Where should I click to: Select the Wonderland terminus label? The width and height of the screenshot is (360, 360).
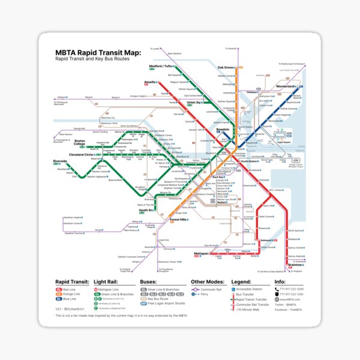click(x=286, y=86)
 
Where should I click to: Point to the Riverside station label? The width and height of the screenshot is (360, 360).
click(x=60, y=161)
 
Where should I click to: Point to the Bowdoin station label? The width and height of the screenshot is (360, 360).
click(x=223, y=129)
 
